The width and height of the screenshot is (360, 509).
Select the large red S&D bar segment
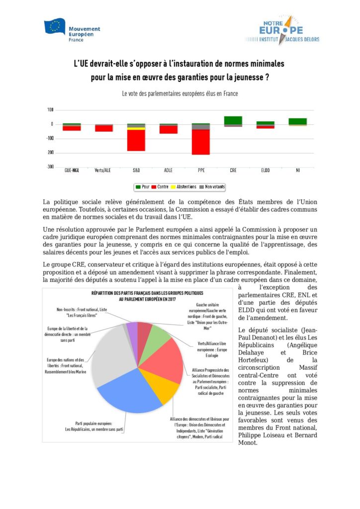[x=136, y=140]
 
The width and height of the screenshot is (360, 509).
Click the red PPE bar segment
[x=201, y=142]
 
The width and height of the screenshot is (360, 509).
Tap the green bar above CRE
[x=233, y=120]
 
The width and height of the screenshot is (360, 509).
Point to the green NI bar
[x=298, y=121]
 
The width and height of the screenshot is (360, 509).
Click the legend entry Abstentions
[x=185, y=187]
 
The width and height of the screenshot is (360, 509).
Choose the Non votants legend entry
[x=213, y=187]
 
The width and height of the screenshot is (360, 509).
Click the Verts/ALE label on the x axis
[x=103, y=170]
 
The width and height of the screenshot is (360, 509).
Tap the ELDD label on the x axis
[x=265, y=170]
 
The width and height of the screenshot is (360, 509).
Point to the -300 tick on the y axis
[x=50, y=167]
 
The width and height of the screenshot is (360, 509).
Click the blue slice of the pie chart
[x=129, y=393]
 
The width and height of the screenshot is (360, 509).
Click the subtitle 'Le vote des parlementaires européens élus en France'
[x=180, y=93]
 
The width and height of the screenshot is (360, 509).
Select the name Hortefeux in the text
[x=253, y=360]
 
